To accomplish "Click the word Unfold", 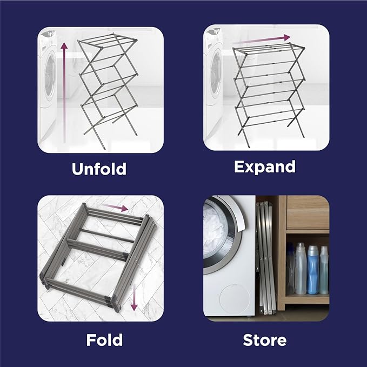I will pyautogui.click(x=99, y=169).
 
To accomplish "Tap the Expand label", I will pyautogui.click(x=265, y=166).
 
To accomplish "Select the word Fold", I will pyautogui.click(x=104, y=340).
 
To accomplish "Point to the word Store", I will pyautogui.click(x=265, y=341).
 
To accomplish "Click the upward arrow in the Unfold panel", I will pyautogui.click(x=63, y=92).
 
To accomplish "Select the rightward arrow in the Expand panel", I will pyautogui.click(x=265, y=39).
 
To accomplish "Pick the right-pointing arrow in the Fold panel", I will pyautogui.click(x=115, y=206).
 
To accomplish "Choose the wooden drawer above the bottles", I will pyautogui.click(x=307, y=213).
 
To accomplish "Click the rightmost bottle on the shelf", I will pyautogui.click(x=324, y=270).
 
